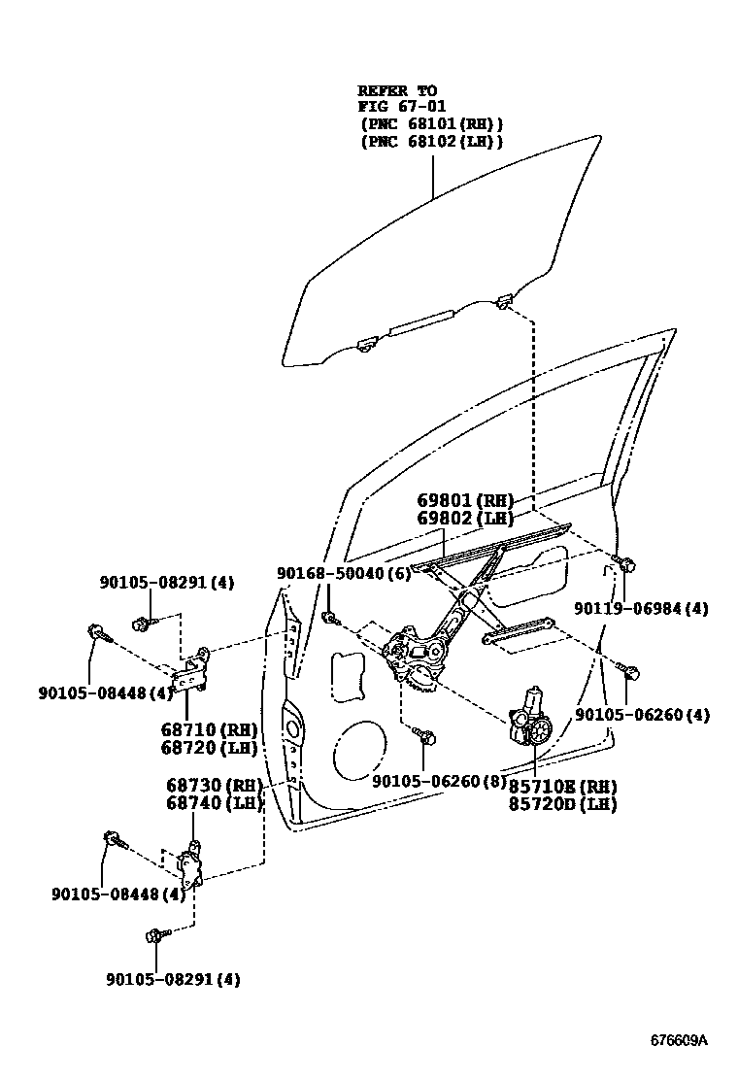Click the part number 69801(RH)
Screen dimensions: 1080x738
[x=465, y=500]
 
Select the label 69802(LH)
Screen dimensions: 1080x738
[x=465, y=519]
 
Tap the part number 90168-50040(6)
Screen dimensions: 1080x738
[x=343, y=574]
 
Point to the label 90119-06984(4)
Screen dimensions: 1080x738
[x=640, y=609]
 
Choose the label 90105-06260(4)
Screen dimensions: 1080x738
[x=642, y=716]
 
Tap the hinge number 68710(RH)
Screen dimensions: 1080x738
[x=211, y=729]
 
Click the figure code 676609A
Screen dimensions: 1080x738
[x=679, y=1040]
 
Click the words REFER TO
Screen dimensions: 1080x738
[x=397, y=90]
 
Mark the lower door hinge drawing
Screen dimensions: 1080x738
[x=189, y=863]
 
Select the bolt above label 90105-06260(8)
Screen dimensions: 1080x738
[x=421, y=735]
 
